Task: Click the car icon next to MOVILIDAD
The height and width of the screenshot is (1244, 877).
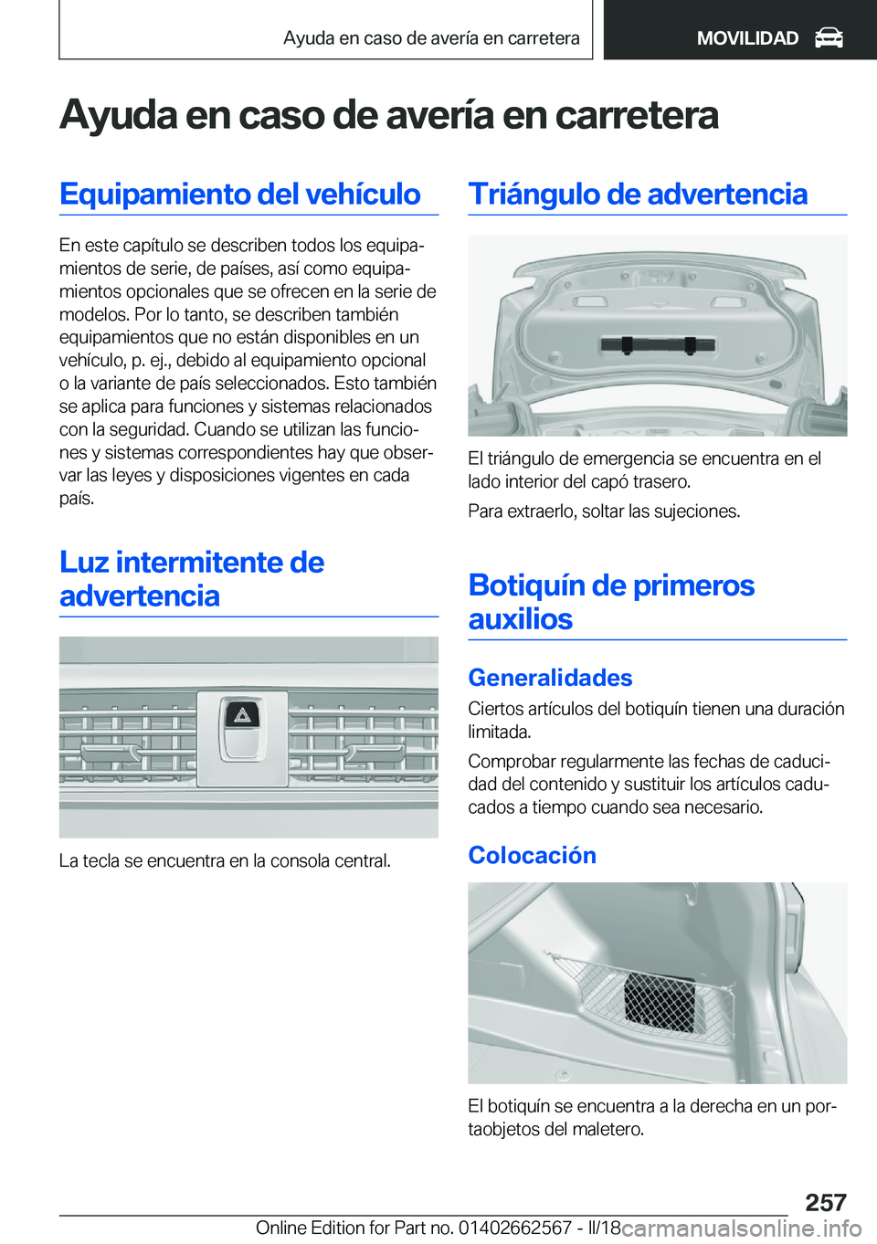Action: pos(828,37)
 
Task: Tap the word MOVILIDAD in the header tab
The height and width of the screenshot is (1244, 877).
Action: pos(746,38)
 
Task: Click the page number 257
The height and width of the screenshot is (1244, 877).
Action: pos(825,1201)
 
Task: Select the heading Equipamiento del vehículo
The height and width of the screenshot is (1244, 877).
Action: pos(239,195)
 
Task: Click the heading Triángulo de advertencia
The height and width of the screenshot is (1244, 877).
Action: pos(638,195)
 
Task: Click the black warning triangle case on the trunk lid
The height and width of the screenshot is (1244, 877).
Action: pos(658,344)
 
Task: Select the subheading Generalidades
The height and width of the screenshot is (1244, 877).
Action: pos(550,678)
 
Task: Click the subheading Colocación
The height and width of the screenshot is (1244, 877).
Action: pos(532,855)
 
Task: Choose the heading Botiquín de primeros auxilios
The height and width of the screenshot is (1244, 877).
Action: pos(611,602)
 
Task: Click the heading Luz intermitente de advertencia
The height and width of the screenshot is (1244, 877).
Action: pos(191,579)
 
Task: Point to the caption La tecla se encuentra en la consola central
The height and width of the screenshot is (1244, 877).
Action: pos(225,860)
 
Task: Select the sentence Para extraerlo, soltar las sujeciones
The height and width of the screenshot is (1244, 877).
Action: pos(604,511)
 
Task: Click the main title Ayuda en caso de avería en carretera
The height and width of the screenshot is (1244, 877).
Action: pos(389,115)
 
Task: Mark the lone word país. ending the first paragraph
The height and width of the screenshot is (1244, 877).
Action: pos(77,499)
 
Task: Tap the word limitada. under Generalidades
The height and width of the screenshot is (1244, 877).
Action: pos(499,732)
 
